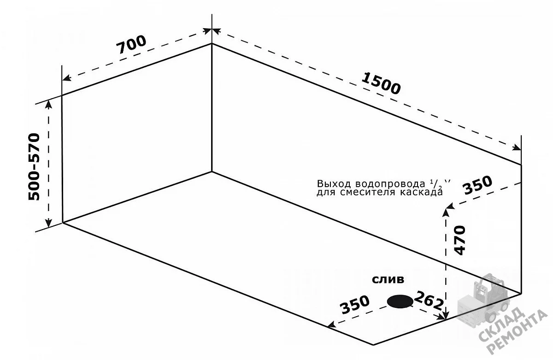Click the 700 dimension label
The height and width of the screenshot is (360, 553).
tap(131, 45)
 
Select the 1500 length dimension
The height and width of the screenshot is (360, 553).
tap(381, 84)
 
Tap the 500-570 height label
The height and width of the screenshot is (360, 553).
tap(34, 167)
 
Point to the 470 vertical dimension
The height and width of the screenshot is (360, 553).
tap(459, 240)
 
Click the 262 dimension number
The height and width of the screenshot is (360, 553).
tap(429, 301)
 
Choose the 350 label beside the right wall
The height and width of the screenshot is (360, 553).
tap(477, 185)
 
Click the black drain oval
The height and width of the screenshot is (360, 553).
tap(400, 301)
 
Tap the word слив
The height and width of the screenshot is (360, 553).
tap(388, 280)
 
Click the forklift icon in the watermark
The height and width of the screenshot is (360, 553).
tap(482, 300)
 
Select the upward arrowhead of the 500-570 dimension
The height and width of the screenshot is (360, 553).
tap(49, 104)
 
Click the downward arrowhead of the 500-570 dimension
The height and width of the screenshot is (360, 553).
tap(49, 223)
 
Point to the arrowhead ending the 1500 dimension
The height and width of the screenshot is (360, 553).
tap(517, 148)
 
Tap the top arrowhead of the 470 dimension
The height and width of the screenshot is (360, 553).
tap(446, 213)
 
